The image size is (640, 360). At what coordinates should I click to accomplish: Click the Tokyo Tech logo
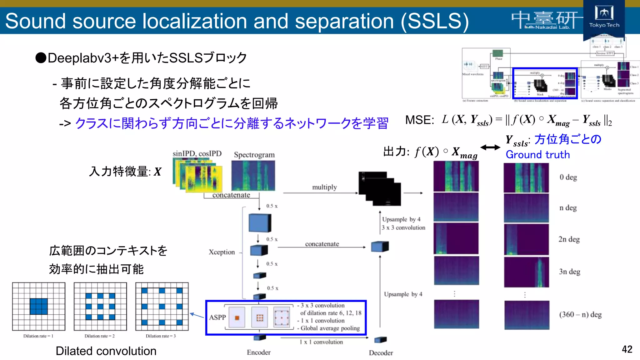tap(604, 17)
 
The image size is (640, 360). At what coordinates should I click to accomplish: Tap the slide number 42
tap(627, 349)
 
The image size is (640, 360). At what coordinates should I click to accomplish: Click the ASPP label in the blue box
tap(217, 317)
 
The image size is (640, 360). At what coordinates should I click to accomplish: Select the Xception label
tap(222, 252)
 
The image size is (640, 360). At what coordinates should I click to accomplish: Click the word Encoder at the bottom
tap(258, 352)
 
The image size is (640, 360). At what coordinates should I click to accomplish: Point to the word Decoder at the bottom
tap(381, 353)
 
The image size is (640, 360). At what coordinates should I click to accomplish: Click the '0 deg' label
tap(568, 177)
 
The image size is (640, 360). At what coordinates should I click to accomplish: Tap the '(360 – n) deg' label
tap(580, 314)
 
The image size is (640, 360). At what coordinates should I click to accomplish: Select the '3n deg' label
tap(569, 272)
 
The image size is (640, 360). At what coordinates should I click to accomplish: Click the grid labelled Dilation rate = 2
tap(100, 306)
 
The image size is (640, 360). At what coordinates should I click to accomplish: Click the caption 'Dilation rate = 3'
tap(161, 336)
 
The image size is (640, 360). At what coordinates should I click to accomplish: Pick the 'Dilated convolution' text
tap(106, 351)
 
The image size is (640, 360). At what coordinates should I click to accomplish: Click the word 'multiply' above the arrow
tap(324, 187)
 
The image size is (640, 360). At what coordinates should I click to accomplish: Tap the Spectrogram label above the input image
tap(254, 155)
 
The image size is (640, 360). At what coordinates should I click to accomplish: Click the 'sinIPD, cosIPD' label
tap(197, 154)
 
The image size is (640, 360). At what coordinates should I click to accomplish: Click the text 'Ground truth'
tap(537, 155)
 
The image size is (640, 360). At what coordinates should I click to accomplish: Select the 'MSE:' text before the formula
tap(419, 120)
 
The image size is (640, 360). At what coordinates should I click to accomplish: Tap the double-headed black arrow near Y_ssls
tap(490, 147)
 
